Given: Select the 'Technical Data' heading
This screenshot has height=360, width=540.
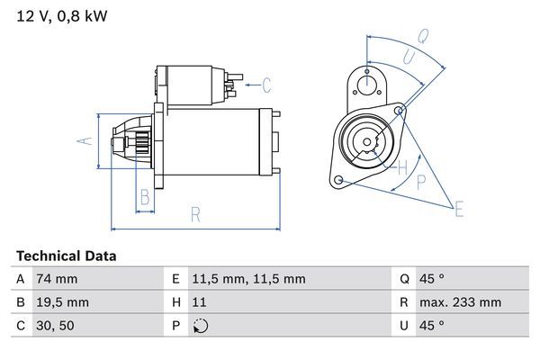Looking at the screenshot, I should tap(66, 256).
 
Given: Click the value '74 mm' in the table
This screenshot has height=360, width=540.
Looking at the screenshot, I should tap(57, 279).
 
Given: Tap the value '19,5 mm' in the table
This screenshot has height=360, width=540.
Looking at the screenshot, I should tap(62, 302).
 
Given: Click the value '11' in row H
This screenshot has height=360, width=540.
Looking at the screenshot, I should tap(201, 302).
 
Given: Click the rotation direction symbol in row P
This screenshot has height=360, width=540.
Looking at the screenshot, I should tap(201, 326).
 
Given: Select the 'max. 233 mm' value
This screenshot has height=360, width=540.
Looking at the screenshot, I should tap(463, 302).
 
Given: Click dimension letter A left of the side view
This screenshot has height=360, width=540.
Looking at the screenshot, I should tap(83, 141).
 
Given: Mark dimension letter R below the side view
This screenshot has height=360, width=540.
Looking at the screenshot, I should tap(194, 214).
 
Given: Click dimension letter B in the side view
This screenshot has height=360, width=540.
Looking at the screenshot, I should tap(144, 197).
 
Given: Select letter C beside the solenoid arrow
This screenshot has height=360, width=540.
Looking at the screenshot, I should tap(267, 85).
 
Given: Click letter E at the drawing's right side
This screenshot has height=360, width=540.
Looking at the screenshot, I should tap(459, 210).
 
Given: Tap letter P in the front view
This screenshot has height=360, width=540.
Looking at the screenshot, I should tap(420, 180).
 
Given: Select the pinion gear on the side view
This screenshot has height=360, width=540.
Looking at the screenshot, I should tap(139, 143).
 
